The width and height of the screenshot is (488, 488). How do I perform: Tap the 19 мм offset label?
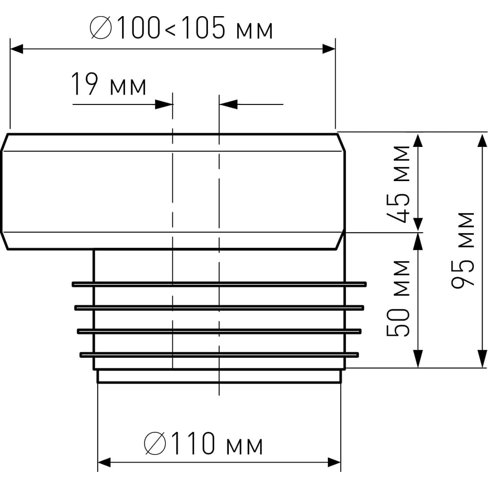pyautogui.click(x=109, y=84)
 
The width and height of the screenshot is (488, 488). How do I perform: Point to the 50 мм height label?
pyautogui.click(x=398, y=299)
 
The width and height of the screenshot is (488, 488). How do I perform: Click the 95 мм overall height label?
pyautogui.click(x=463, y=250)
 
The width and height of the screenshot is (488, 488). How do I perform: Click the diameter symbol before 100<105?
pyautogui.click(x=101, y=28)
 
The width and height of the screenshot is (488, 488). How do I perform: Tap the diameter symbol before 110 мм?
pyautogui.click(x=155, y=443)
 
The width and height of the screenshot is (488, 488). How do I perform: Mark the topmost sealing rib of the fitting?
pyautogui.click(x=219, y=284)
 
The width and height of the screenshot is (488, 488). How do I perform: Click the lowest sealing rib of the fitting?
pyautogui.click(x=219, y=354)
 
